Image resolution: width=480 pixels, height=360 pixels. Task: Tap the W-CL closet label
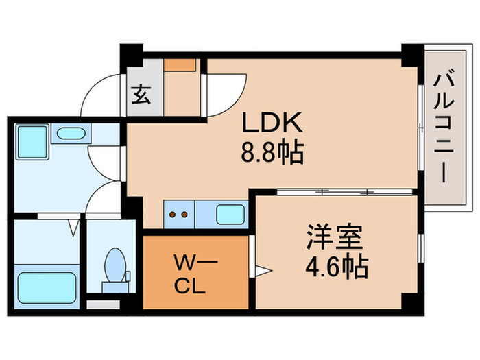point(195,272)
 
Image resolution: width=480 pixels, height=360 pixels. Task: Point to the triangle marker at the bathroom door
point(73,224)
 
